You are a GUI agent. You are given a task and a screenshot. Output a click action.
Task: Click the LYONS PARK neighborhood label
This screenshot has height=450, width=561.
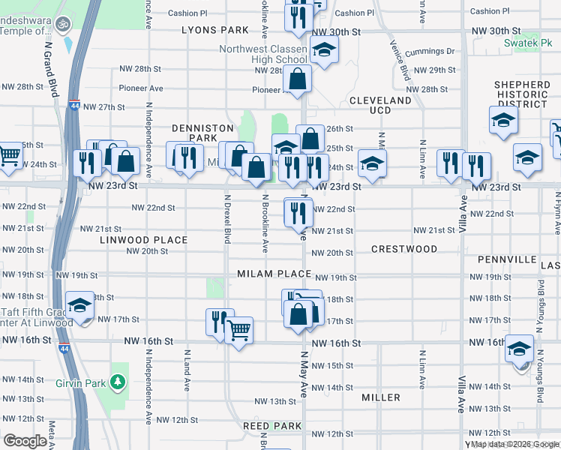(214, 30)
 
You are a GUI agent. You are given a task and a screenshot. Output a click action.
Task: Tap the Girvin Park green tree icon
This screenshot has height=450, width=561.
(117, 382)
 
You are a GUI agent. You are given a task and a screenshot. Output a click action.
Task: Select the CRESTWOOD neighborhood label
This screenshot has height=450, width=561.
(404, 248)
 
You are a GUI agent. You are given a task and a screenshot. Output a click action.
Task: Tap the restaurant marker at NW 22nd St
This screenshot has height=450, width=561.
(298, 212)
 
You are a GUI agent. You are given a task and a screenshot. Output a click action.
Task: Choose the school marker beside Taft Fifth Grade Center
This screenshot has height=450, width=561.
(80, 305)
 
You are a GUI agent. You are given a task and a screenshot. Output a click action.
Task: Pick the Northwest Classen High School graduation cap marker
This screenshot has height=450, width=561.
(324, 50)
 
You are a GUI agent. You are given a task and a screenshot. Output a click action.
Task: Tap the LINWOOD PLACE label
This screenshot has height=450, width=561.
(143, 240)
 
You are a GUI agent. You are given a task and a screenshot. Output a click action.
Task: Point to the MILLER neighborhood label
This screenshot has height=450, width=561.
(380, 397)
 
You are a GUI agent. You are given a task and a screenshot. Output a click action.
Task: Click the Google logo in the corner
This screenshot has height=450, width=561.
(25, 441)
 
